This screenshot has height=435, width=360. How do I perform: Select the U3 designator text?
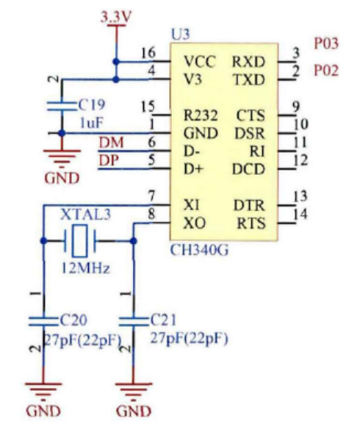coord(179,35)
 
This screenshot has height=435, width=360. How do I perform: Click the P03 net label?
coord(326,44)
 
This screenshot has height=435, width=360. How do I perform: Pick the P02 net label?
coord(326,71)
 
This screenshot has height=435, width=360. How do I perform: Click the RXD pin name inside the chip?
coord(248,60)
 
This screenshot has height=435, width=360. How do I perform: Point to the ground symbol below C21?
coord(133,391)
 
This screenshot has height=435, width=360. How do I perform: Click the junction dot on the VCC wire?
coord(115,60)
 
